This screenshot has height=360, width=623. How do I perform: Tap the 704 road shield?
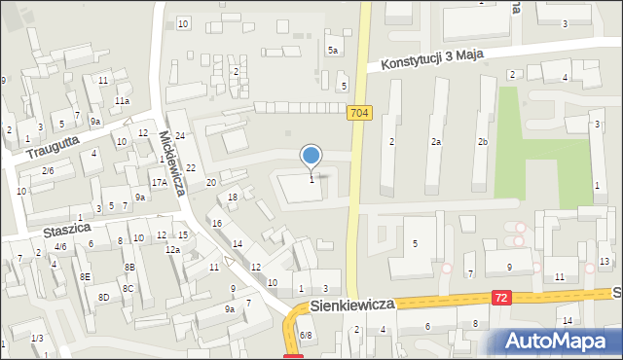point(359,113)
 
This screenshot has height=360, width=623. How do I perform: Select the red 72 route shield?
point(500,297)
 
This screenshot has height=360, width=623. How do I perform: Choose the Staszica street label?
point(66,231)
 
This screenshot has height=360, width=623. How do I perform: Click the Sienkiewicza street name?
point(352,305)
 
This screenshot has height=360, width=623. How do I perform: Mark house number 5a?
point(333,50)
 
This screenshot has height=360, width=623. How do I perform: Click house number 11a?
point(122,100)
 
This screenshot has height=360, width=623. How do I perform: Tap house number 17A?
point(159,182)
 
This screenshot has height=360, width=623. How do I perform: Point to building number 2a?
point(437,142)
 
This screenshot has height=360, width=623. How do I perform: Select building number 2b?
point(481,142)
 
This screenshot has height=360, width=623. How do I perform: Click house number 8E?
point(85,277)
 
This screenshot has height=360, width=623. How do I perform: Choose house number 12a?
point(172,250)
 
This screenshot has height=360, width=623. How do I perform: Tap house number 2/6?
point(47,170)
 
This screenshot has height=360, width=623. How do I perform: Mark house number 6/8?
point(305,335)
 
